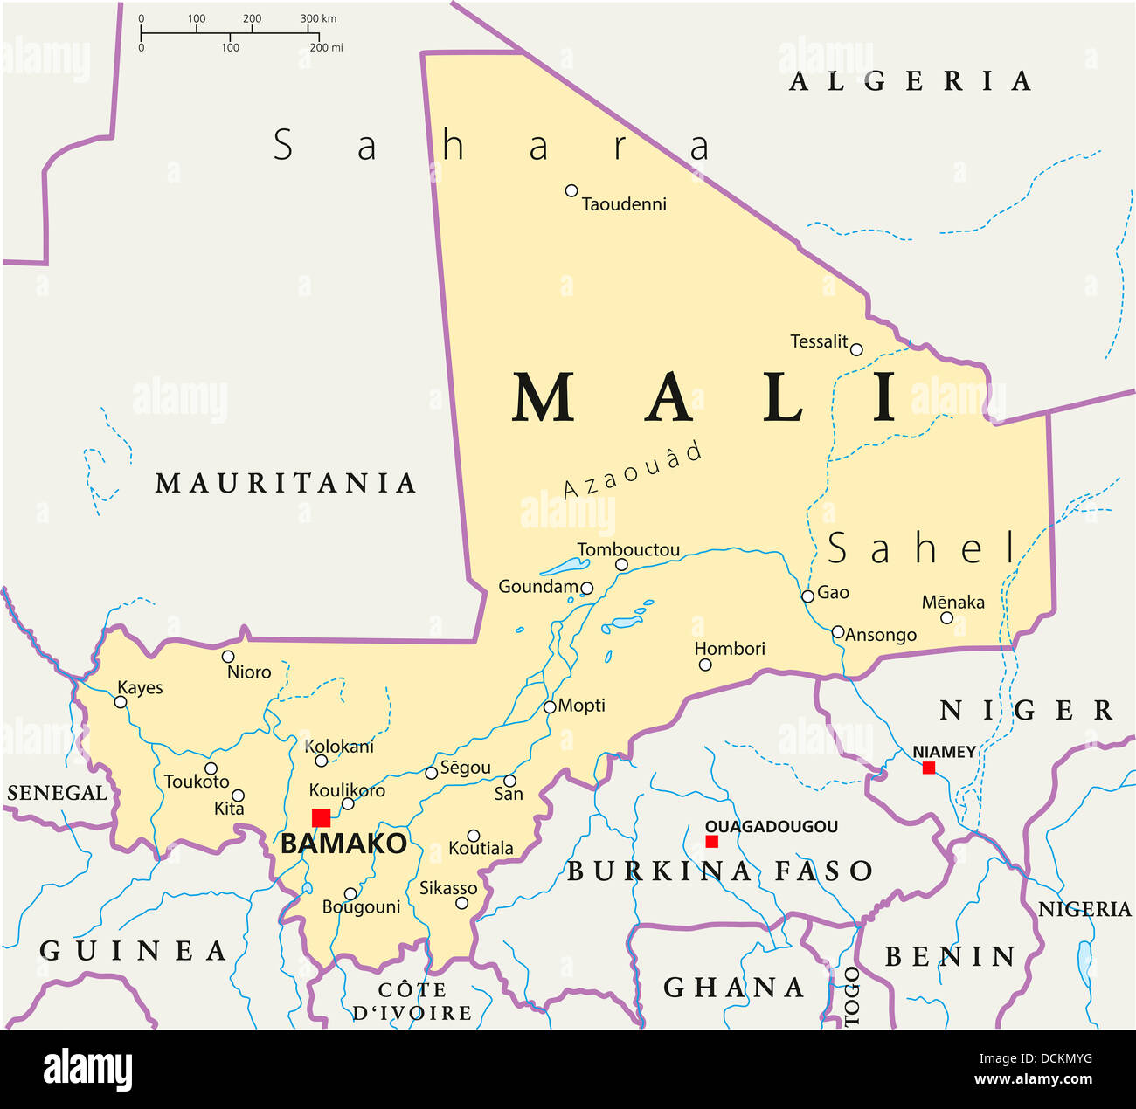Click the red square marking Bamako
point(322,817)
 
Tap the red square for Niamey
point(929,768)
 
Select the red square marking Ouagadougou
point(712,841)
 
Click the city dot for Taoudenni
point(571,190)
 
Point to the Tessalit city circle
point(856,349)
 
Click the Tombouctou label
point(628,550)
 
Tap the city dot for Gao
point(808,596)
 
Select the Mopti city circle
point(550,707)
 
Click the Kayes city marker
point(121,702)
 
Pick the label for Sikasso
point(448,888)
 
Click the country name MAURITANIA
point(286,483)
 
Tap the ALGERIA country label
point(911,82)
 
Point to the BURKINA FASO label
point(720,871)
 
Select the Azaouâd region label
point(633,472)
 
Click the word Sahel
point(922,548)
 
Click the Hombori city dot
point(705,665)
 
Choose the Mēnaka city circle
point(946,617)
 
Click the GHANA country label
point(734,988)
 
